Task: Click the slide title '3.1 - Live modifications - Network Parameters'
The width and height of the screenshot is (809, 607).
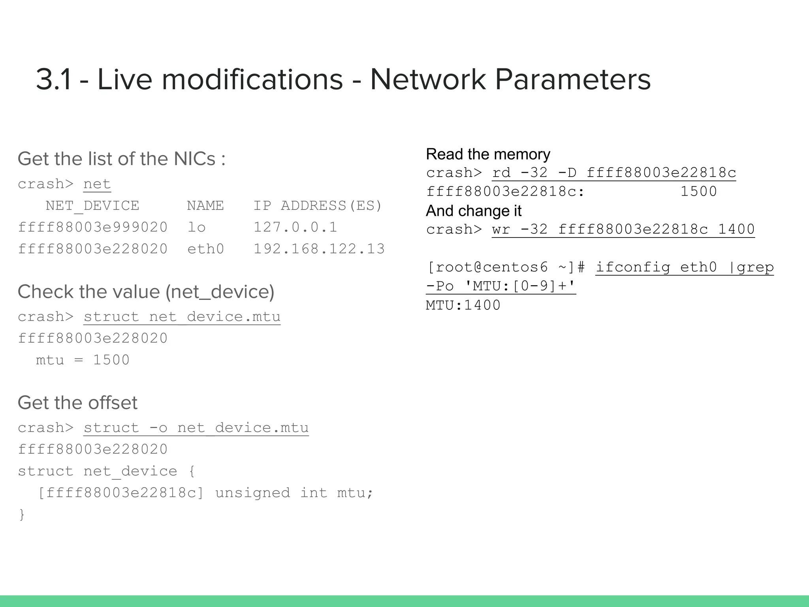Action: point(343,79)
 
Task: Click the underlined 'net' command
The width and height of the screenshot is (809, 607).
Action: point(97,184)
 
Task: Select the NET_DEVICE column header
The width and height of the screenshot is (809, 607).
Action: point(92,206)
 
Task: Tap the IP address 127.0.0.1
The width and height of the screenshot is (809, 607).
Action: point(295,227)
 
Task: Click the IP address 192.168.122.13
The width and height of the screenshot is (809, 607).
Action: point(319,249)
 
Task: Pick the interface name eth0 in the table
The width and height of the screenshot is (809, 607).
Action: point(205,249)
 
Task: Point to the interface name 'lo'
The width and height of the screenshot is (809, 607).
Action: point(196,227)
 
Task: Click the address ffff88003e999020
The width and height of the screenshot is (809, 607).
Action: point(93,227)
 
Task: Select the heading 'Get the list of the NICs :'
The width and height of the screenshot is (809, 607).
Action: point(122,159)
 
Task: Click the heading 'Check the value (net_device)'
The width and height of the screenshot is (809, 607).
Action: point(146,292)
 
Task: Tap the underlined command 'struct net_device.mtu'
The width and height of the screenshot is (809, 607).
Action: point(182,317)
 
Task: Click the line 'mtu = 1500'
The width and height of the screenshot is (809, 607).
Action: point(83,360)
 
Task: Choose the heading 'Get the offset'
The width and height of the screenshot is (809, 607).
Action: point(77,403)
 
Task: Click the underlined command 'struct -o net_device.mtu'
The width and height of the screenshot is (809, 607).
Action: point(196,428)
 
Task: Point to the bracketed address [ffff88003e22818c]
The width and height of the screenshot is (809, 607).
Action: point(120,493)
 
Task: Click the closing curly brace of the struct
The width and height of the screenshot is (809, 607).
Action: point(22,515)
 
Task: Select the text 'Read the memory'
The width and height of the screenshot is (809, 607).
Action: point(488,154)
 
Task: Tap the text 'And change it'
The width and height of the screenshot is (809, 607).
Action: point(474,211)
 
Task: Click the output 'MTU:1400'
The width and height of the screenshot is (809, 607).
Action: point(463,305)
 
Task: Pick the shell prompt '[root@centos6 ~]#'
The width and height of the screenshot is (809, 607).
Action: point(506,268)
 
